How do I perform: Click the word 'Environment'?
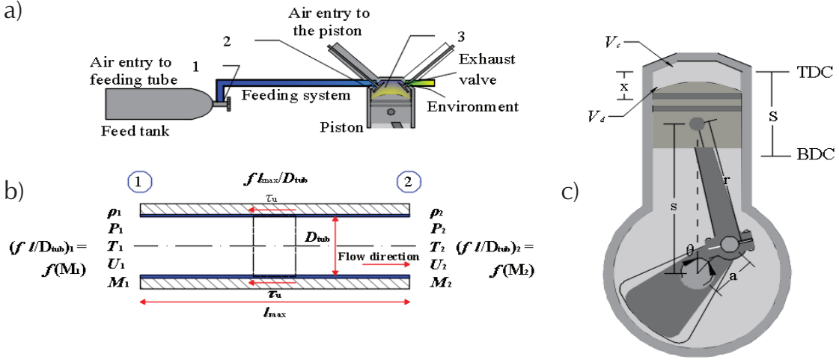[472, 107]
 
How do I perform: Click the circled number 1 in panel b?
[141, 182]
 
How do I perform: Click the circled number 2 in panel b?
[408, 182]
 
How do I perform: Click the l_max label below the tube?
[275, 313]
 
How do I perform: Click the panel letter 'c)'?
[570, 192]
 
